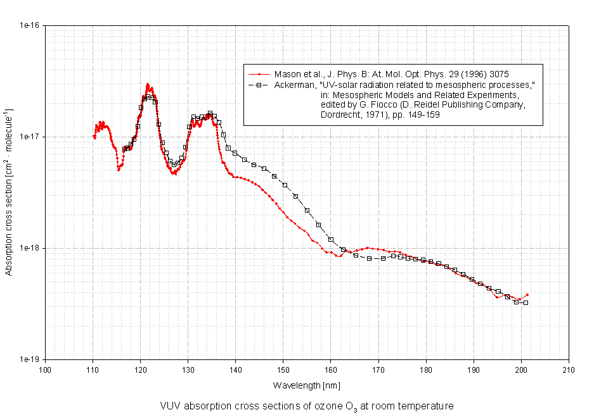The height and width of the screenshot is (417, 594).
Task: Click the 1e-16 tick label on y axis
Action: (x=30, y=25)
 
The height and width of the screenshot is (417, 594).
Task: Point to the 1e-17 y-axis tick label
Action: (x=30, y=137)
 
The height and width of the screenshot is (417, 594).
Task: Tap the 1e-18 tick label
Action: (x=30, y=248)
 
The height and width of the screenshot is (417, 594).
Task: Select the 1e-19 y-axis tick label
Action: (x=30, y=359)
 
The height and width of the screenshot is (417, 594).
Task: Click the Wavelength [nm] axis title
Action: (x=307, y=385)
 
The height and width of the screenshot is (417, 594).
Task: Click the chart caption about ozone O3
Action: (x=307, y=406)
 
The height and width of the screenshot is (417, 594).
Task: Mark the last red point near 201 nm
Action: (x=527, y=295)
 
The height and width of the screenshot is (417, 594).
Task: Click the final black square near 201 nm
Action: (x=526, y=303)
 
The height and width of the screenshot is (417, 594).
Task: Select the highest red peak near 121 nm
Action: (x=147, y=84)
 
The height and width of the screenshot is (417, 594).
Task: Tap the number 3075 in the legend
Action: (x=496, y=74)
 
